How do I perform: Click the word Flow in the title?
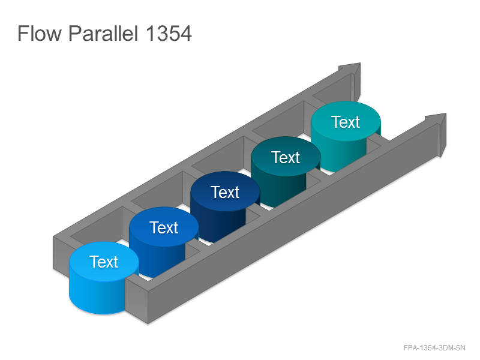(40, 33)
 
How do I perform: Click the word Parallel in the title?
(103, 33)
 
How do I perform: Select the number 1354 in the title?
(169, 34)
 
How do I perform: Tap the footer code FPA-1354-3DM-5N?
(434, 348)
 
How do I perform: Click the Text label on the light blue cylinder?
(104, 262)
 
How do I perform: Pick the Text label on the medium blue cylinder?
(164, 227)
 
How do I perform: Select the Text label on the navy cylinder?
(225, 192)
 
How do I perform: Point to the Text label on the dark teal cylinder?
(286, 157)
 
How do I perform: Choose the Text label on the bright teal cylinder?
(346, 122)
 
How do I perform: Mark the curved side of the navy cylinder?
(218, 225)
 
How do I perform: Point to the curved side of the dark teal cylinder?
(278, 190)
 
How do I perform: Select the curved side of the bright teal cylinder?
(338, 155)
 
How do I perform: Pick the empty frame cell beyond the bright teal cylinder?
(334, 92)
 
